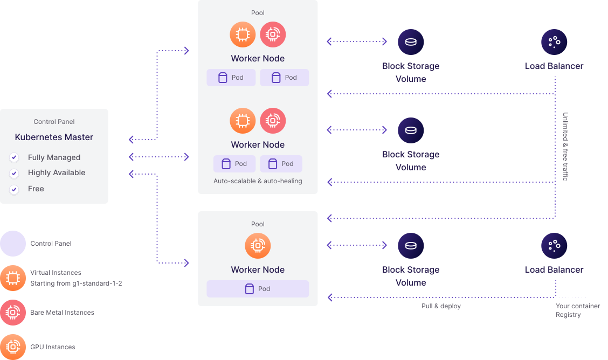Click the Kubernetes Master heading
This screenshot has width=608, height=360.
pos(54,137)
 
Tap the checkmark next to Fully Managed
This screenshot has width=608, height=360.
pos(14,157)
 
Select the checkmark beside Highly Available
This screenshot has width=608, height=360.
pos(14,173)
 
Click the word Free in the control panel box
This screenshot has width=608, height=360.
pos(36,189)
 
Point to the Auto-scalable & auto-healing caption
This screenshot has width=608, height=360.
pos(258,181)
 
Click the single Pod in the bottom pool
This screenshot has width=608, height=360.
pos(258,289)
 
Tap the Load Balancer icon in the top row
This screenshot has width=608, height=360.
pos(554,41)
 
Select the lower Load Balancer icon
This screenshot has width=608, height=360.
pos(554,245)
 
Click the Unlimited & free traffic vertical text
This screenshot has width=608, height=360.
pos(565,146)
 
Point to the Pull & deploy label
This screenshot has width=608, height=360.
pos(441,306)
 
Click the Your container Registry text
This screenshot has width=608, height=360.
pos(577,310)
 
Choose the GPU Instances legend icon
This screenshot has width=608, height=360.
pos(12,347)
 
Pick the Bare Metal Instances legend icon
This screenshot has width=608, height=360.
pos(12,313)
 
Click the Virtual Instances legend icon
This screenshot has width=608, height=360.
pos(12,278)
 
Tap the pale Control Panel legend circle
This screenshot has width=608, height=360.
pos(12,244)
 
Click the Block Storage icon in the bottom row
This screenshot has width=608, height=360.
pos(411,245)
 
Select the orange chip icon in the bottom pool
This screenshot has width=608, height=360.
pos(258,246)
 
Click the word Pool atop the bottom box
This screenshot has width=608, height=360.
pos(258,224)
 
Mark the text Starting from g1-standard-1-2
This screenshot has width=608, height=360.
pos(76,283)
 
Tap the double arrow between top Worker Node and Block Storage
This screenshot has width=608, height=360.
pos(357,41)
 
